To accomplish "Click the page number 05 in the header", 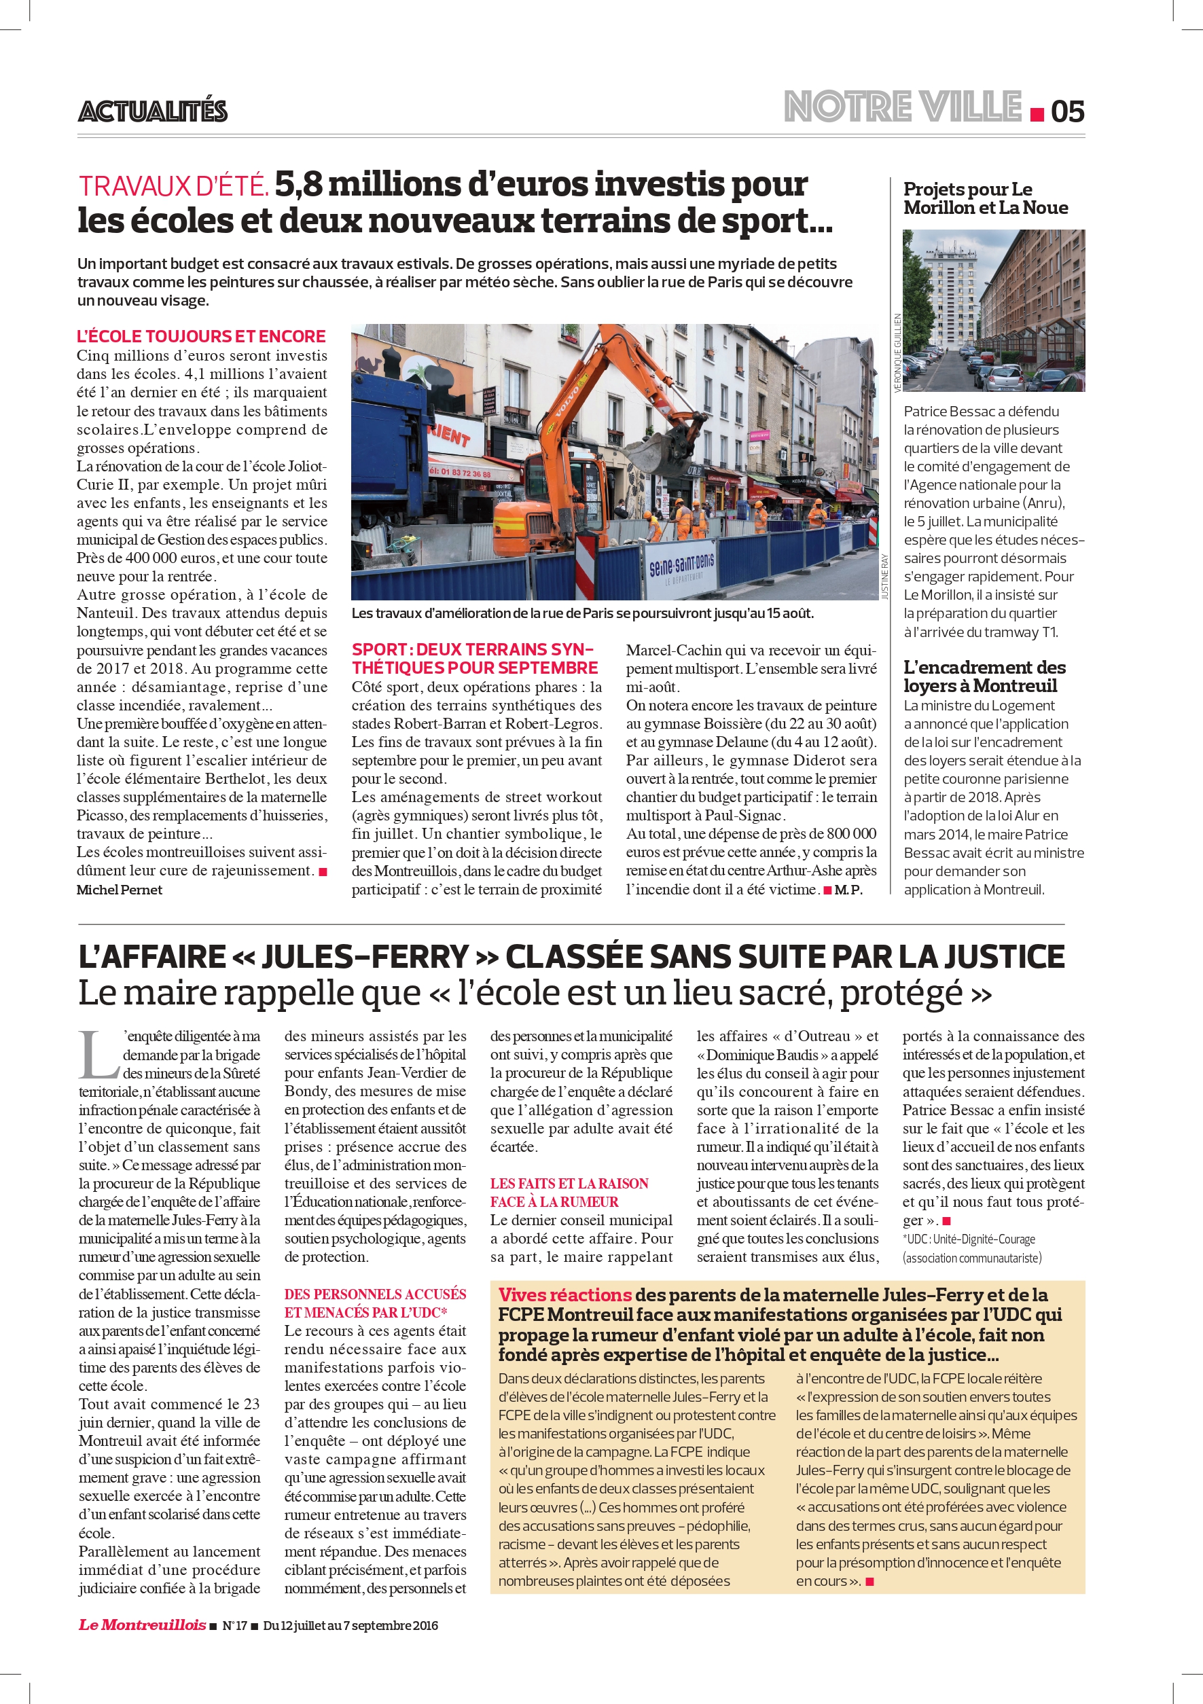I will pos(1067,111).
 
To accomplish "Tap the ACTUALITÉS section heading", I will pos(153,111).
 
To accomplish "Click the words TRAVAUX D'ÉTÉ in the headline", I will pos(174,185).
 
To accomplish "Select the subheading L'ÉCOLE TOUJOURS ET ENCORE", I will pos(201,336).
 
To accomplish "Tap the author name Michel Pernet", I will pos(120,890).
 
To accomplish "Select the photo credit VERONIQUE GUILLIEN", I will pos(897,352).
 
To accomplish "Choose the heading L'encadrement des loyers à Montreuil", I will pos(984,676).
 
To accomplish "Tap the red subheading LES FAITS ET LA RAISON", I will pos(569,1184).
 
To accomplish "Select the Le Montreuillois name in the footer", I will pos(143,1625).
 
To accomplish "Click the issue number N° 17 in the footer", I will pos(234,1625).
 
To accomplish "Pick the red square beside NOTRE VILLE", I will pos(1037,114).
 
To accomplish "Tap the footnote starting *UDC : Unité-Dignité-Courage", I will pos(969,1239).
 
